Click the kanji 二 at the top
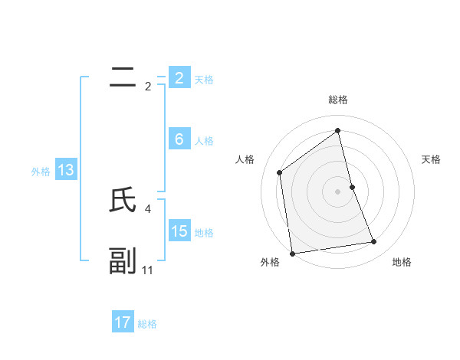(123, 77)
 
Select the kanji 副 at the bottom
(123, 260)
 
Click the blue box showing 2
(179, 78)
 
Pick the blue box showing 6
(179, 139)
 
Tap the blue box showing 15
(179, 231)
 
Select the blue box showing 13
(65, 169)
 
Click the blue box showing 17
(123, 322)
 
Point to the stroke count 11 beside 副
(148, 270)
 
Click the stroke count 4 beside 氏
(147, 208)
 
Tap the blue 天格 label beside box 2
(204, 80)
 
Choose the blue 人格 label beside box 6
(204, 141)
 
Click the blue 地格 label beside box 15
(204, 233)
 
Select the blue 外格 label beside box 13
(41, 172)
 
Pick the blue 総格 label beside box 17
(147, 325)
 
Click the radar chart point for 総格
(338, 130)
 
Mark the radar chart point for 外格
(292, 253)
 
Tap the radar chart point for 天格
(352, 186)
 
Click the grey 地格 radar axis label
(402, 262)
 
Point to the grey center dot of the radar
(338, 191)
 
